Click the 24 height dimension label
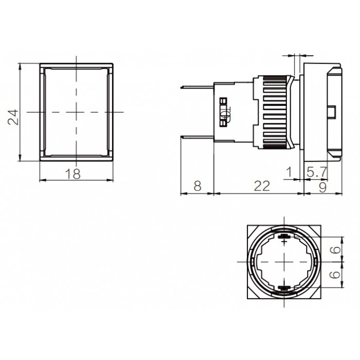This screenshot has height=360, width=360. (x=13, y=117)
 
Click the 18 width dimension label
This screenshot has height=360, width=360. (x=73, y=174)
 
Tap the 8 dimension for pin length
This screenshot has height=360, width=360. (x=197, y=186)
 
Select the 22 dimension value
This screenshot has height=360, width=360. (x=261, y=186)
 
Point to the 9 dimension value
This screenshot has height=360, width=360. (x=322, y=188)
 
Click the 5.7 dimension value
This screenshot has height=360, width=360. (x=317, y=172)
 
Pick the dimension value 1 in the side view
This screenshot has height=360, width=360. (x=289, y=172)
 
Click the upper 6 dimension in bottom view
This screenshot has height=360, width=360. (x=336, y=249)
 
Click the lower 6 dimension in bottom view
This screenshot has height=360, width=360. (x=336, y=274)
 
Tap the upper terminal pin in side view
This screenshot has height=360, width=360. (x=197, y=87)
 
